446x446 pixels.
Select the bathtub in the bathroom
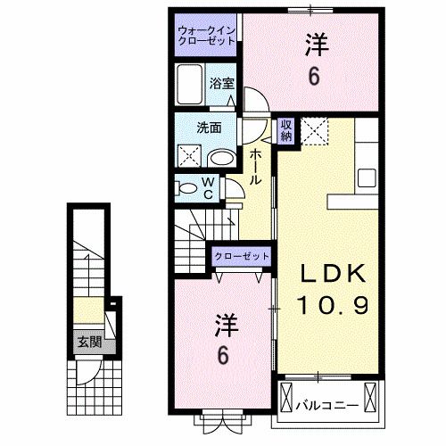(x=190, y=87)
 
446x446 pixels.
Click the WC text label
(x=207, y=188)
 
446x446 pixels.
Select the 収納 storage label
(x=286, y=130)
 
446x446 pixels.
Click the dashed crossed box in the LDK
(x=314, y=130)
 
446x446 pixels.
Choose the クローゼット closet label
(x=241, y=256)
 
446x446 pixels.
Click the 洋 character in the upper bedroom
(x=314, y=43)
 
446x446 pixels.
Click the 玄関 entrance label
(x=87, y=342)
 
